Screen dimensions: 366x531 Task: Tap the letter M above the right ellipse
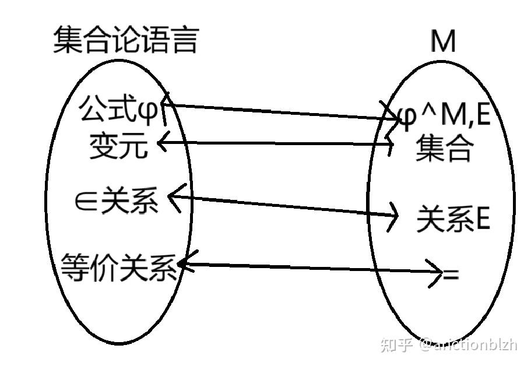pos(443,41)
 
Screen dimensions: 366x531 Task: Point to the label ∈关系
pos(116,202)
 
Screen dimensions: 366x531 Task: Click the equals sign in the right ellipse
pos(451,274)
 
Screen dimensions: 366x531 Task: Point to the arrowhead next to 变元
pos(162,142)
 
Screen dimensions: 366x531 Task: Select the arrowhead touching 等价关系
pos(184,265)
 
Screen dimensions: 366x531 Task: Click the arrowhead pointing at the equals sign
pos(437,273)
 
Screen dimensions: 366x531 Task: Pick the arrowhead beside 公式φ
pos(165,104)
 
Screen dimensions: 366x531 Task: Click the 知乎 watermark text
pos(396,345)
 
